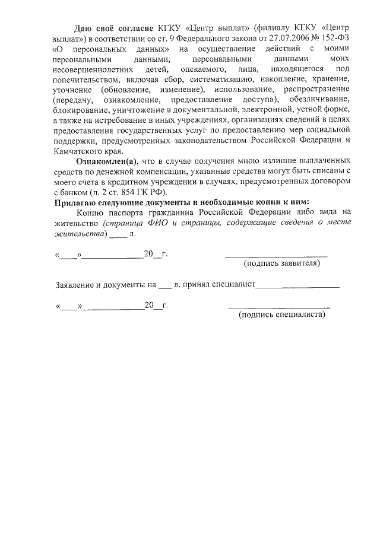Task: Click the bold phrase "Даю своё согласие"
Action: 115,28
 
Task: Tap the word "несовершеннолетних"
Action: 90,71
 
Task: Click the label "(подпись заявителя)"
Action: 282,263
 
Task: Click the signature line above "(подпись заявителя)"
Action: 276,256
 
